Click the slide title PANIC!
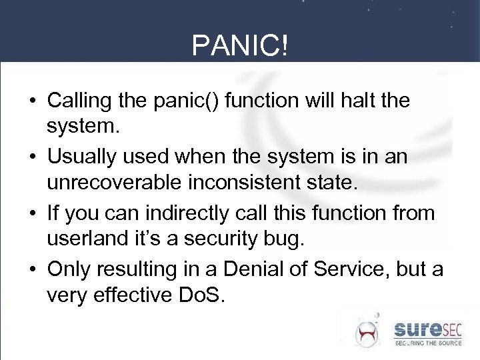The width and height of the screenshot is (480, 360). pos(240,46)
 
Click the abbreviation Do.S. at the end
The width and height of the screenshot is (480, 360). pos(201,293)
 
